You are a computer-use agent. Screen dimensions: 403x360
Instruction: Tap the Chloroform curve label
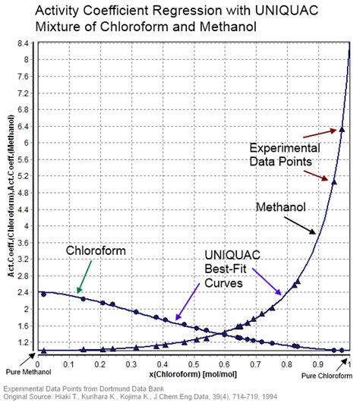coord(94,250)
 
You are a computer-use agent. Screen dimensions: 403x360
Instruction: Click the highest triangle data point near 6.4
coord(341,130)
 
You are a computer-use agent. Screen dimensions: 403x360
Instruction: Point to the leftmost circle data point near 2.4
coord(43,294)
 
